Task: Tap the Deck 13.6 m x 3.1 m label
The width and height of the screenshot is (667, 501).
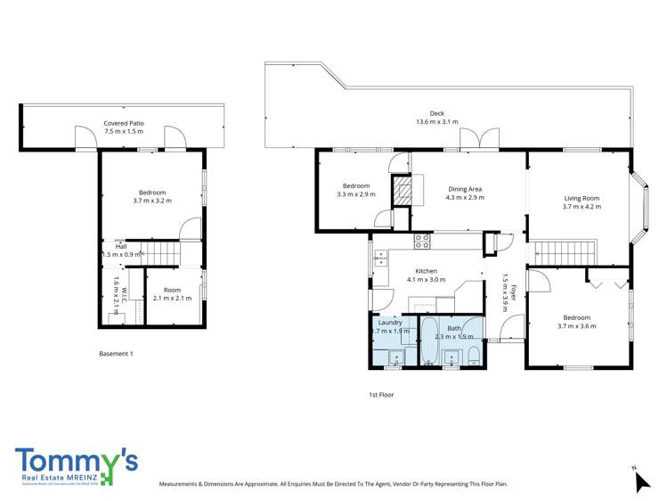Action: pyautogui.click(x=436, y=118)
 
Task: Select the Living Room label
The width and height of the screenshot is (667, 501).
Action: pyautogui.click(x=582, y=202)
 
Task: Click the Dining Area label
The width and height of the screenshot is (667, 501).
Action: pyautogui.click(x=465, y=193)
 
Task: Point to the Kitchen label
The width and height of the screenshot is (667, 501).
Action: pyautogui.click(x=425, y=275)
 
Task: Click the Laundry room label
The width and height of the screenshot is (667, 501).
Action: pyautogui.click(x=390, y=326)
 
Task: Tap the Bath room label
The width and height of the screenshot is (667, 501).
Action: pyautogui.click(x=454, y=333)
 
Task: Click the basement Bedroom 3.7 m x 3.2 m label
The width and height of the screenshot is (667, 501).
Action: pyautogui.click(x=151, y=197)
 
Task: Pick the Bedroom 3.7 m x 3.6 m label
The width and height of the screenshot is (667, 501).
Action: pyautogui.click(x=577, y=322)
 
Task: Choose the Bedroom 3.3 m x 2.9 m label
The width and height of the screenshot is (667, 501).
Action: pyautogui.click(x=356, y=190)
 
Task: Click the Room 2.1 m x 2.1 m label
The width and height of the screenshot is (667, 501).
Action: pyautogui.click(x=171, y=294)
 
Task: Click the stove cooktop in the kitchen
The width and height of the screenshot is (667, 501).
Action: pyautogui.click(x=422, y=240)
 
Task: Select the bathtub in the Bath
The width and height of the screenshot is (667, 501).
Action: pyautogui.click(x=428, y=341)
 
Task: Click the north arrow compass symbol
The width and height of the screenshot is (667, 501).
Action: pyautogui.click(x=641, y=480)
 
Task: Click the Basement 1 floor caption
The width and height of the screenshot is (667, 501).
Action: pyautogui.click(x=116, y=354)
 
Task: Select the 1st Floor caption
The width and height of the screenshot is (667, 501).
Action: pyautogui.click(x=381, y=394)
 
